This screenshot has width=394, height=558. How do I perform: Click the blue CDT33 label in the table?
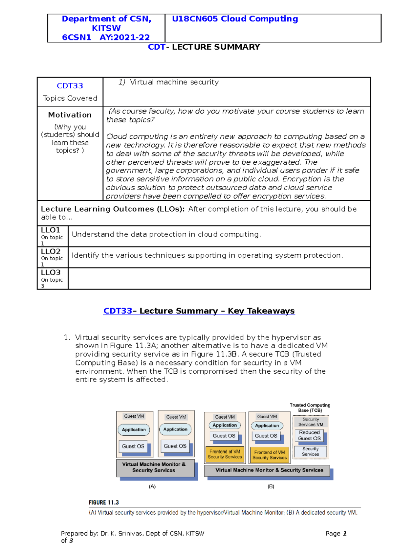pyautogui.click(x=70, y=86)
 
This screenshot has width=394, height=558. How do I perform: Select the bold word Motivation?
pyautogui.click(x=70, y=115)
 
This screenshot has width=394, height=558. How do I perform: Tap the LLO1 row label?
pyautogui.click(x=51, y=230)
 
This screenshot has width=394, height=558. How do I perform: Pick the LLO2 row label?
pyautogui.click(x=51, y=251)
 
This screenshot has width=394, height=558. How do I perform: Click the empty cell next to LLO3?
pyautogui.click(x=219, y=279)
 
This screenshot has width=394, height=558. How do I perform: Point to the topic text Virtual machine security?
pyautogui.click(x=174, y=82)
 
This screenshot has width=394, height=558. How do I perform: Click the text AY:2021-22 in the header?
pyautogui.click(x=125, y=37)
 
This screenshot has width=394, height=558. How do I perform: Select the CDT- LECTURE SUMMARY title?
pyautogui.click(x=204, y=47)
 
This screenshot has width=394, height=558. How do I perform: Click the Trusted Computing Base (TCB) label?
pyautogui.click(x=310, y=408)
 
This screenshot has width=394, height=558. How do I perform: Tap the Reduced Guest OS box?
pyautogui.click(x=309, y=435)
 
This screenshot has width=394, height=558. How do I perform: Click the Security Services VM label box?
pyautogui.click(x=311, y=422)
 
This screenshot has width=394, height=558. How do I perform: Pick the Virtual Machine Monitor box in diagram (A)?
pyautogui.click(x=154, y=467)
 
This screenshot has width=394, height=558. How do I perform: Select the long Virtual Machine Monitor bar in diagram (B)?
pyautogui.click(x=269, y=470)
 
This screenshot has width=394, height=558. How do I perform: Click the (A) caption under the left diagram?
pyautogui.click(x=152, y=487)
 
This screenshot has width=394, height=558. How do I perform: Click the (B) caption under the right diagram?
pyautogui.click(x=271, y=487)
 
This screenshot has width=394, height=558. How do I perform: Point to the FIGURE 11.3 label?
pyautogui.click(x=104, y=502)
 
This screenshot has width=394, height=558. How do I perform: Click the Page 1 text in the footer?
pyautogui.click(x=336, y=534)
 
